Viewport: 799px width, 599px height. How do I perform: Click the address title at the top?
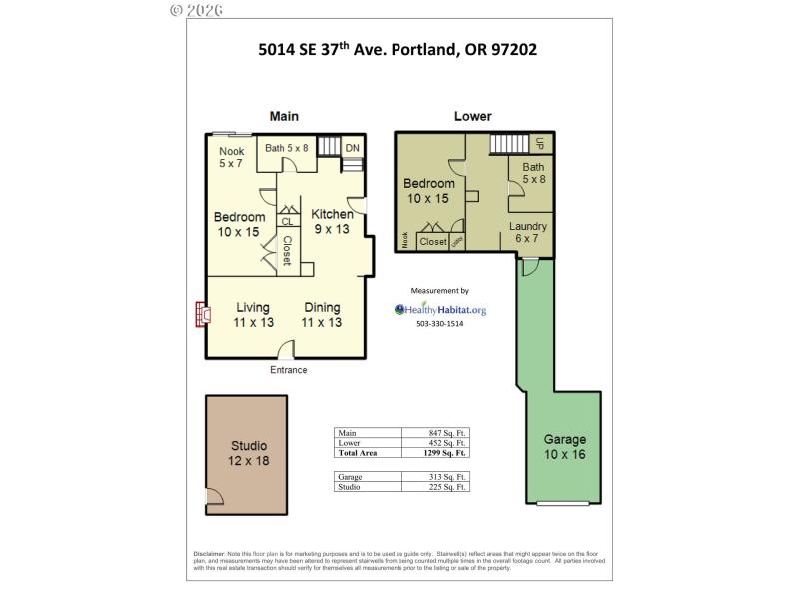(399, 49)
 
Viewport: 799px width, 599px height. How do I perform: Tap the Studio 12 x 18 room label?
(249, 453)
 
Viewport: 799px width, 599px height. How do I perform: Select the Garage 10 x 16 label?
(565, 447)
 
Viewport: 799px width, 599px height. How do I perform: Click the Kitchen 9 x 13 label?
(332, 221)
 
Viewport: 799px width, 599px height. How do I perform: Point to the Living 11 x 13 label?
(254, 315)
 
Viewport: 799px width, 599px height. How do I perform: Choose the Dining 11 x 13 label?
(322, 315)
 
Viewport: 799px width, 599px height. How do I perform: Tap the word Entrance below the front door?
(289, 370)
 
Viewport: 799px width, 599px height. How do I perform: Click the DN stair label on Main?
(352, 149)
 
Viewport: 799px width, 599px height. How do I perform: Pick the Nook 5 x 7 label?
(232, 157)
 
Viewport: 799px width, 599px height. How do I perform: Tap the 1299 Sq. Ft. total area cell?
(447, 452)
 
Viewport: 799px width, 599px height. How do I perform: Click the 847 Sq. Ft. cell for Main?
(447, 433)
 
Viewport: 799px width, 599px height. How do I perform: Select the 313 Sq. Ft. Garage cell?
(447, 477)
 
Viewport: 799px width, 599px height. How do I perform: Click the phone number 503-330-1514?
(440, 324)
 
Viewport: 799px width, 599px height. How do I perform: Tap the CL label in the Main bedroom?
(287, 222)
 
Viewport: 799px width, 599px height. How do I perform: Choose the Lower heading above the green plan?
(472, 116)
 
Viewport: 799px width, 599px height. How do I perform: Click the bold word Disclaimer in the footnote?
(209, 554)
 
